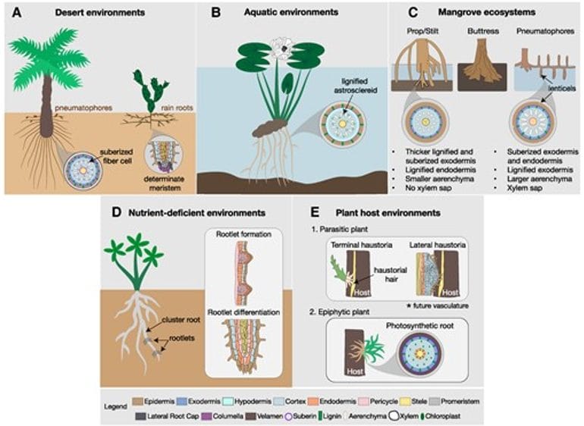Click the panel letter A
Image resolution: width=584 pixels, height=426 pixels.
[13, 11]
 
